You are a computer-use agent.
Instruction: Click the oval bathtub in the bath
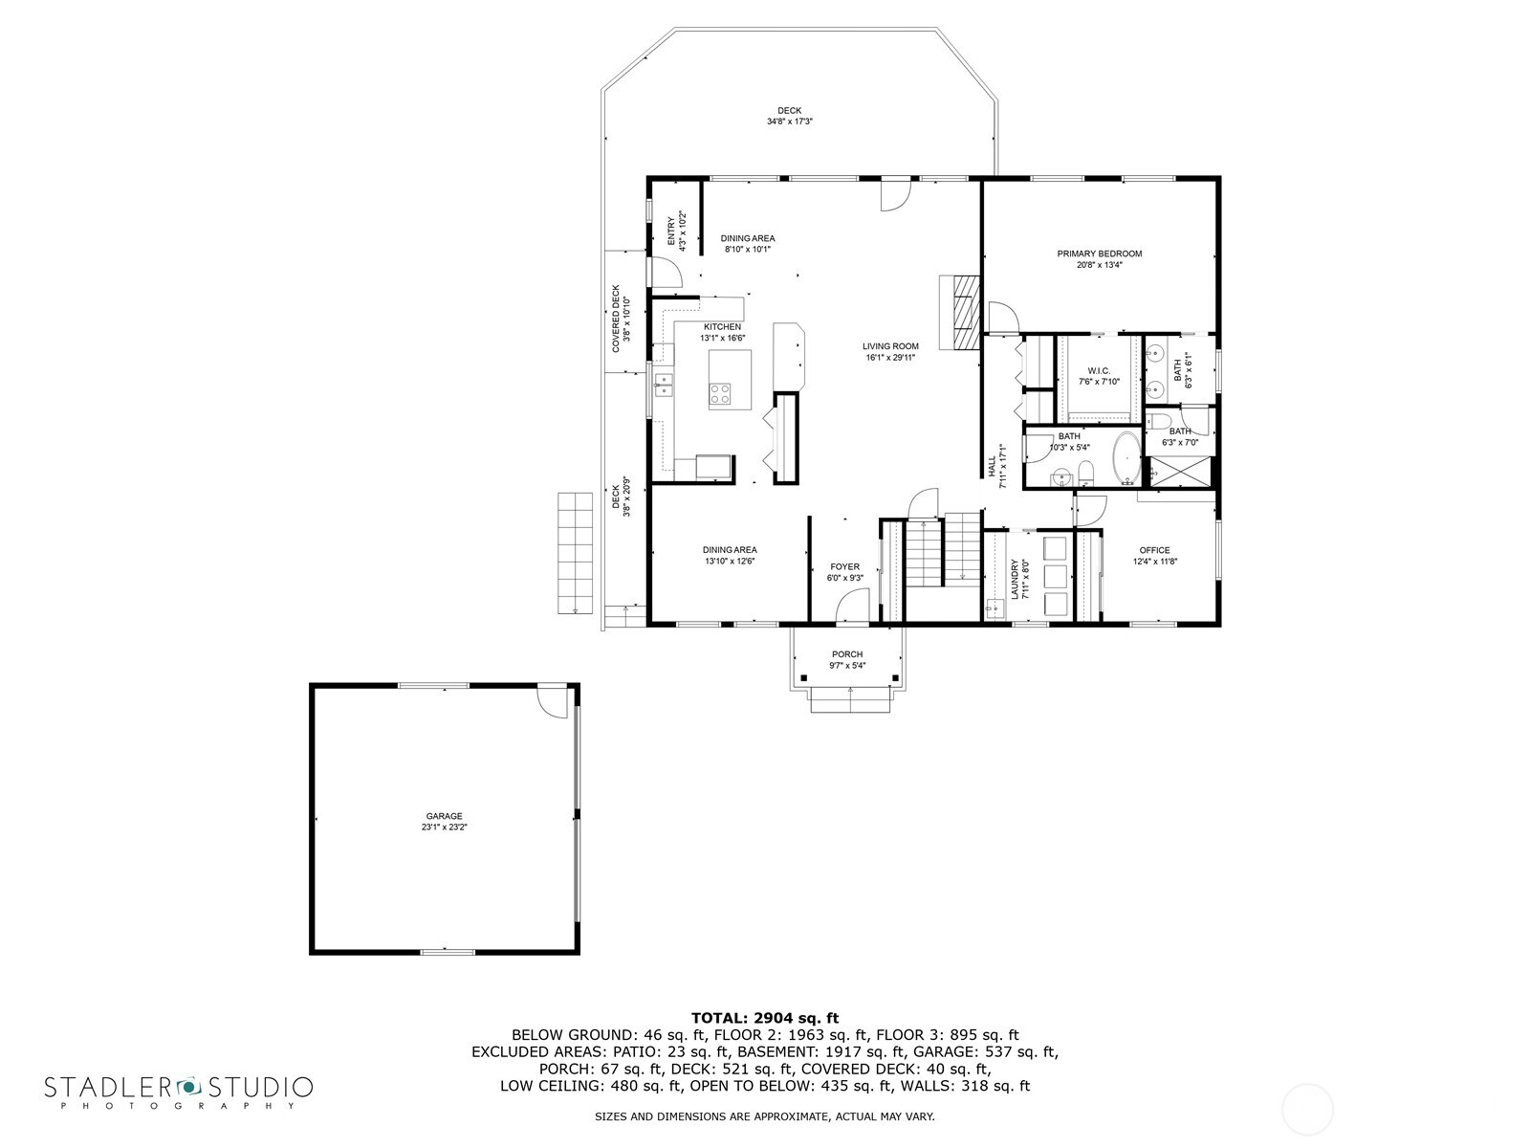tap(1126, 458)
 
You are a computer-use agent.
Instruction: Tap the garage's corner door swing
tap(553, 702)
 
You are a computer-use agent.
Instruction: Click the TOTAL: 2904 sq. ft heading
tap(765, 1018)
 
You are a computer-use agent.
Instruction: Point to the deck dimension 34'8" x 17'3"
tap(790, 121)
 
